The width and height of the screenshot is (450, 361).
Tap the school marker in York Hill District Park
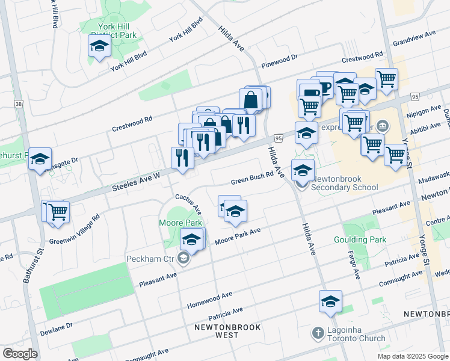pyautogui.click(x=99, y=46)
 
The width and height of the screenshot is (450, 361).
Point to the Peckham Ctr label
pyautogui.click(x=150, y=259)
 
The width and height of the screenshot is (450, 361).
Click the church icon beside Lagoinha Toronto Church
pyautogui.click(x=318, y=333)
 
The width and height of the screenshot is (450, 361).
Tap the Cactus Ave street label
pyautogui.click(x=188, y=205)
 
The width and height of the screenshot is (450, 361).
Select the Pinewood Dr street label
pyautogui.click(x=280, y=61)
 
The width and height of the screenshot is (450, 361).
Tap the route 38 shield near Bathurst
pyautogui.click(x=19, y=104)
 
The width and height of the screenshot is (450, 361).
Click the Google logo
pyautogui.click(x=20, y=354)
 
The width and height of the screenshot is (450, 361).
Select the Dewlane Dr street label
pyautogui.click(x=57, y=329)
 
